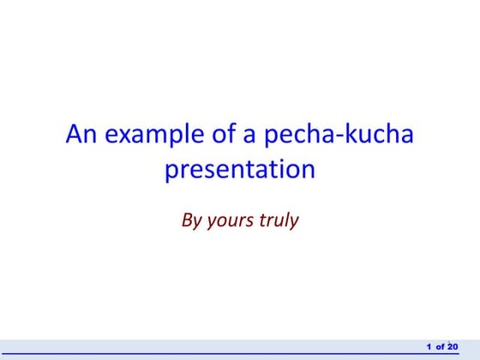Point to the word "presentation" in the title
(240, 170)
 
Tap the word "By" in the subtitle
(190, 220)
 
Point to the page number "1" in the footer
(429, 346)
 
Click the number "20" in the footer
(453, 346)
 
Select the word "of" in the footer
(440, 346)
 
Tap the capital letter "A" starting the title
(74, 135)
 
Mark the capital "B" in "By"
(187, 219)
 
